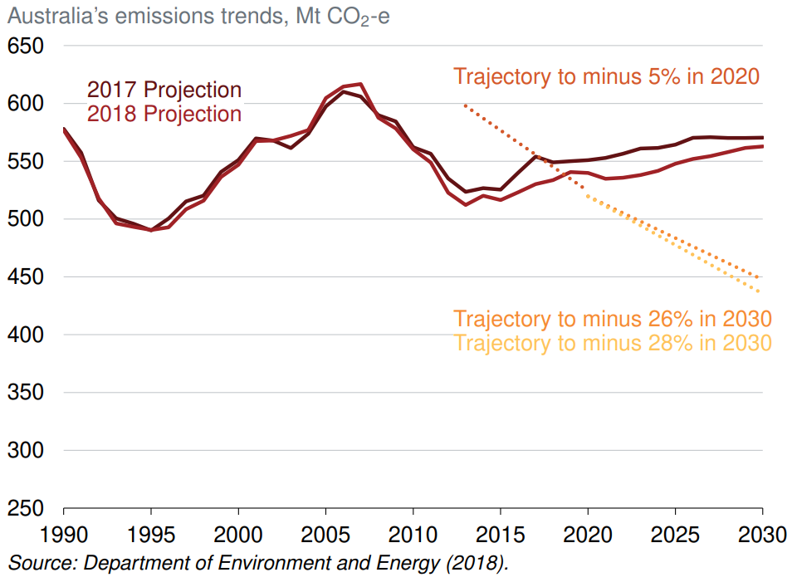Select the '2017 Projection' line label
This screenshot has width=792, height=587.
164,90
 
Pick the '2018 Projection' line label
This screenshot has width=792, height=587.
164,114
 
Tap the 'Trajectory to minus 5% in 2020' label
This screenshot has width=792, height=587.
607,77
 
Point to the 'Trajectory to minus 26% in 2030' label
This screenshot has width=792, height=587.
613,319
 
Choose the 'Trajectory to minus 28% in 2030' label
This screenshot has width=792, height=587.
613,343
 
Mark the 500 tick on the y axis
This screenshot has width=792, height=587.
26,219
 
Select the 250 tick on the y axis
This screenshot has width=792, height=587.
26,508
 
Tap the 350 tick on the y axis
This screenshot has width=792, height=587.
26,393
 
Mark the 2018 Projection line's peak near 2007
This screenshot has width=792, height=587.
360,84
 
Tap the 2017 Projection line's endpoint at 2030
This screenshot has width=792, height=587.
762,138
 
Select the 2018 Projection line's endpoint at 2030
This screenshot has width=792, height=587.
762,146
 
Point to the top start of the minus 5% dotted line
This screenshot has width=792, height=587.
465,105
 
